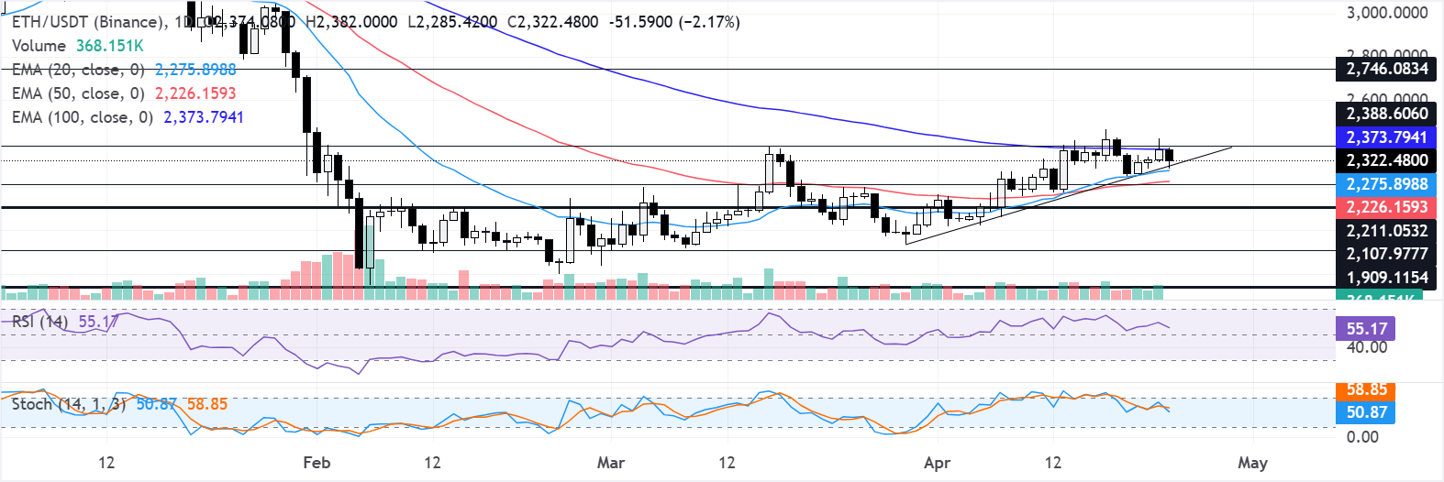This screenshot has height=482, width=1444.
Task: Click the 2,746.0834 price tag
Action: [1386, 69]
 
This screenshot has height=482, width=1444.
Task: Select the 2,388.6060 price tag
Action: [1386, 114]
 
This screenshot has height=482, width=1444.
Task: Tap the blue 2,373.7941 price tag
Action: [1386, 137]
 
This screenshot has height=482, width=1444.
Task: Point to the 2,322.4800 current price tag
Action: [1386, 160]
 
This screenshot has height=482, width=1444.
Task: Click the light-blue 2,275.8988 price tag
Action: [1386, 184]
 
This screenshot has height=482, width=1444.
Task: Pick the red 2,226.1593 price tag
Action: [1386, 207]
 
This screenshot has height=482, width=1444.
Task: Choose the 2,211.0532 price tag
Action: [1386, 231]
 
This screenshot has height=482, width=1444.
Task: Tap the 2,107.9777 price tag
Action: [1386, 254]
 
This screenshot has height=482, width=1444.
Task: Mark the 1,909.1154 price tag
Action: [1386, 278]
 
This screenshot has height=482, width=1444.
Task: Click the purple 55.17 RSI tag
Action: [1366, 329]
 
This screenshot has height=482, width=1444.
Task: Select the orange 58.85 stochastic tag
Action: [1366, 390]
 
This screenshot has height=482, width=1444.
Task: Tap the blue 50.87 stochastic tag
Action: [1366, 412]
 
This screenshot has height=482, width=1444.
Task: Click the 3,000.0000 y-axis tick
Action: [1386, 13]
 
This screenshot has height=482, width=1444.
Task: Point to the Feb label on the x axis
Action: [317, 463]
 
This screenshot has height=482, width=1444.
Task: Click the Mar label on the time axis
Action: [611, 463]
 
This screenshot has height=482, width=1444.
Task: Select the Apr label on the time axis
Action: [937, 463]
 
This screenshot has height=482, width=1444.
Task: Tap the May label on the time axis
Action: [1252, 463]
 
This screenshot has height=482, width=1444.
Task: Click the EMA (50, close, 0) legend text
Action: [78, 93]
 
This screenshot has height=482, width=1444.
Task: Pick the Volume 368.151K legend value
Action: [109, 46]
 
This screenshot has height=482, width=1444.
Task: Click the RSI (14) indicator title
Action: [39, 322]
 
